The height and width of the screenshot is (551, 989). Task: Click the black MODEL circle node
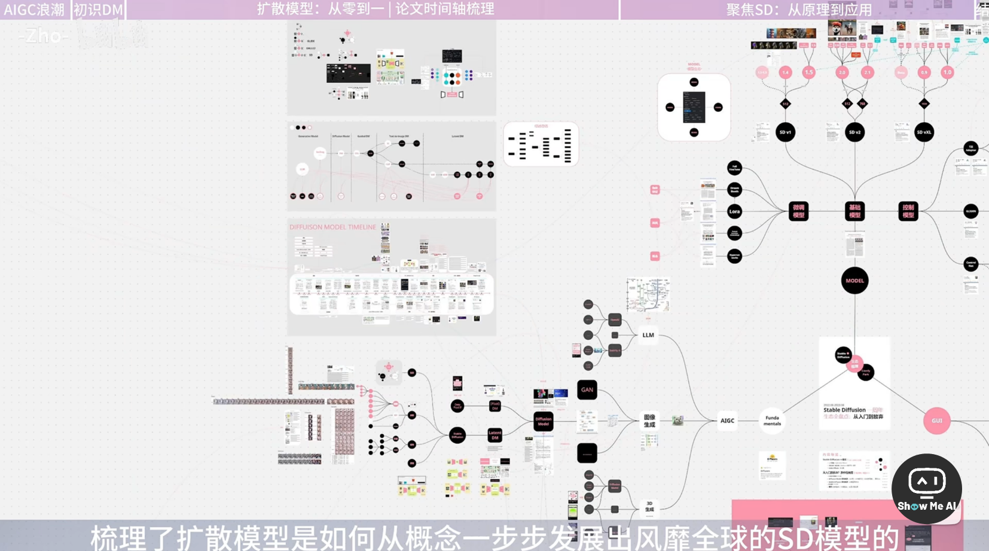pyautogui.click(x=854, y=281)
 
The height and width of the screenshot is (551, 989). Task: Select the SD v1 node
pyautogui.click(x=785, y=132)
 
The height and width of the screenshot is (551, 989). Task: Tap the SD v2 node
pyautogui.click(x=854, y=132)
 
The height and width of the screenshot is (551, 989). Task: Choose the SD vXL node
pyautogui.click(x=924, y=132)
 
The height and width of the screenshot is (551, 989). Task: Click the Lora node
pyautogui.click(x=734, y=211)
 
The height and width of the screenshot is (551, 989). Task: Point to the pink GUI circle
pyautogui.click(x=936, y=421)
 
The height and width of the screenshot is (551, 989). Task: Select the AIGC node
pyautogui.click(x=727, y=421)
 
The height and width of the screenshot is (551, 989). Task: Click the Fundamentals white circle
pyautogui.click(x=772, y=421)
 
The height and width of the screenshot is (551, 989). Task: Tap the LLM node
pyautogui.click(x=648, y=335)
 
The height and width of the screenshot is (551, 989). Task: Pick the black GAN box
pyautogui.click(x=587, y=389)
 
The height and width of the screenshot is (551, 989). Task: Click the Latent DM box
pyautogui.click(x=494, y=435)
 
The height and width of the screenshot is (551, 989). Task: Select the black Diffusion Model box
pyautogui.click(x=543, y=421)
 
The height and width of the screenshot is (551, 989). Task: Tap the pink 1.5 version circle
pyautogui.click(x=808, y=72)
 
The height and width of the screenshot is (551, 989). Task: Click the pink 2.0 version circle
pyautogui.click(x=842, y=72)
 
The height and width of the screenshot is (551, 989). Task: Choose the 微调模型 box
pyautogui.click(x=798, y=211)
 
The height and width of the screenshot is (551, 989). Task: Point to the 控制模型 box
pyautogui.click(x=908, y=211)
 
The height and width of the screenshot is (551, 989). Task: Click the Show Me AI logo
pyautogui.click(x=926, y=488)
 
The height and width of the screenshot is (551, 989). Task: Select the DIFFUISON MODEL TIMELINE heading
pyautogui.click(x=332, y=227)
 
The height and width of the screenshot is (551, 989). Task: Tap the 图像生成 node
pyautogui.click(x=649, y=421)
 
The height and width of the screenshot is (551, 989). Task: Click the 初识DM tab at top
pyautogui.click(x=98, y=10)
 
